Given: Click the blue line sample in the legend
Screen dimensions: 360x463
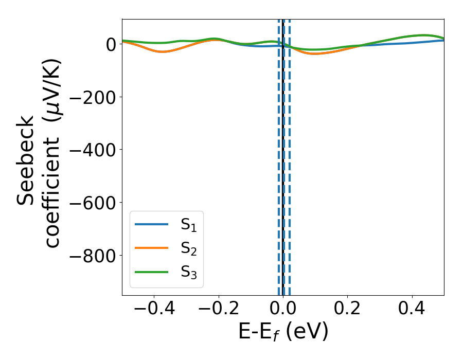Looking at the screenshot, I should pos(151,224).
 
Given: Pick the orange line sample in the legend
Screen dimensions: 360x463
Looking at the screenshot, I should pos(151,248).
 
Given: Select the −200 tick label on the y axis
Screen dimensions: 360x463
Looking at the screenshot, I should pos(92,97).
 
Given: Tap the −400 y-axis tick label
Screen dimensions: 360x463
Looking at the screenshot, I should pos(92,150).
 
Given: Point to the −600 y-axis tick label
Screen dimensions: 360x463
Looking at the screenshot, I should pos(92,203).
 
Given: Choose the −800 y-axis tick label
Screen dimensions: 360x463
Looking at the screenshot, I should pos(92,256).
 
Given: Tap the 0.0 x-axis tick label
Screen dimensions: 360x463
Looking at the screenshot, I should pos(283,309).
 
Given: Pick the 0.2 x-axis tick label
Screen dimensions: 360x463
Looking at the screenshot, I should pos(348,309).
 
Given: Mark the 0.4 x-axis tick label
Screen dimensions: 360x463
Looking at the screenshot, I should pos(412,309).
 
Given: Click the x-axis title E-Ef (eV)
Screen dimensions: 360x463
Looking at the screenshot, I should pos(283,332).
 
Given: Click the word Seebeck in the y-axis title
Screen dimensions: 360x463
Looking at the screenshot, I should pos(26,160).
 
